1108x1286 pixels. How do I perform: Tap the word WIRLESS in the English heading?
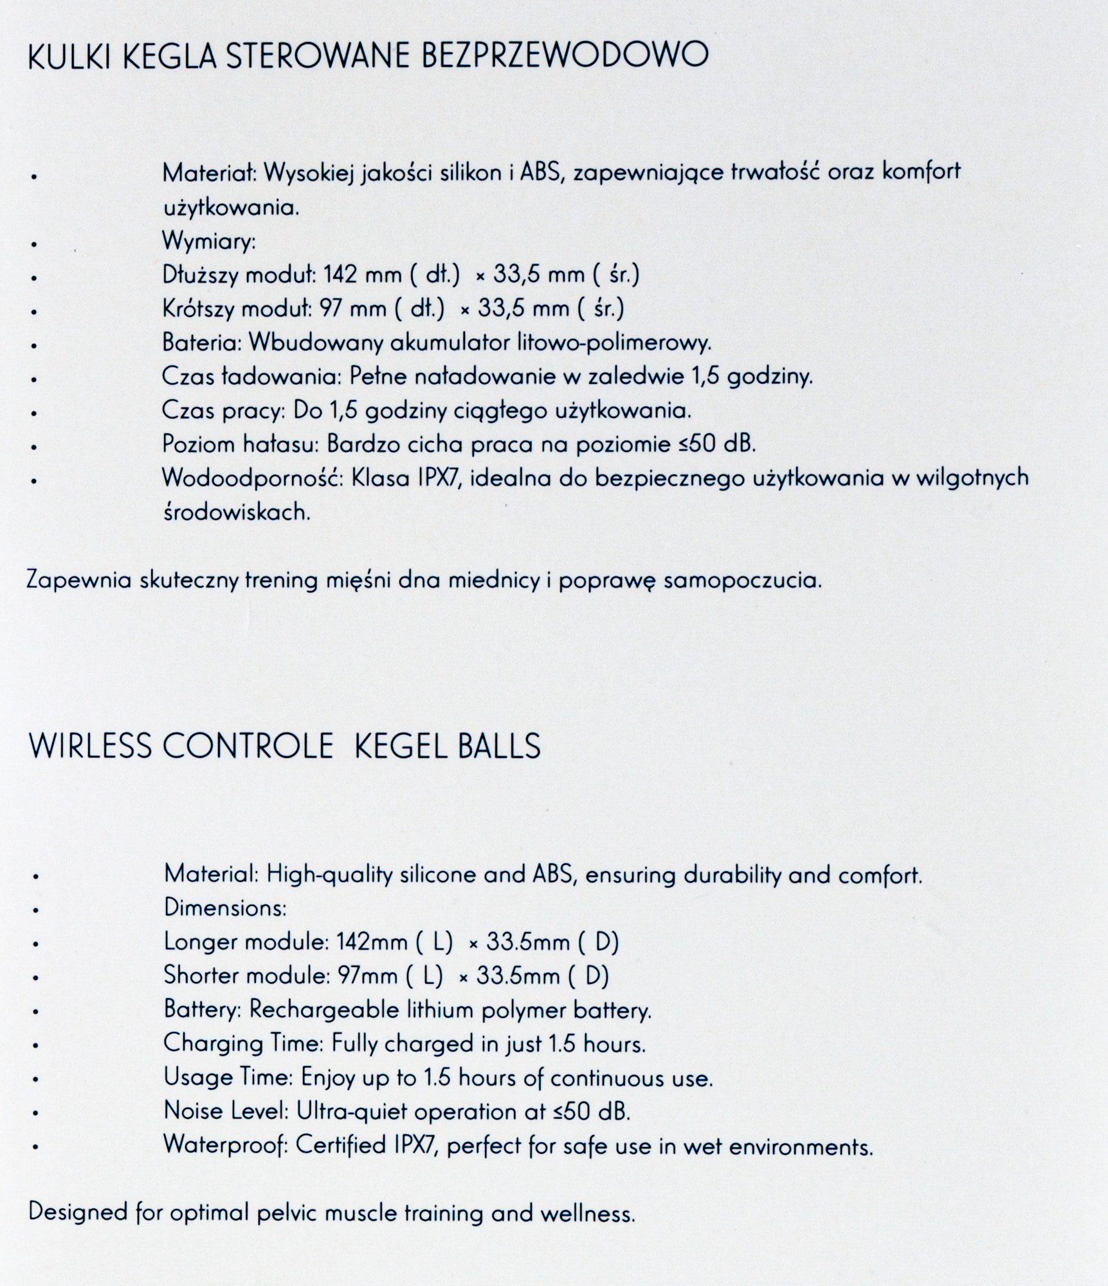pos(90,747)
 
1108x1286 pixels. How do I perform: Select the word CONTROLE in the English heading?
pos(248,747)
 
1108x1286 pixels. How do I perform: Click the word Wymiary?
pos(209,242)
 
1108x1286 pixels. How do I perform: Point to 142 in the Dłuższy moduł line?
pos(340,275)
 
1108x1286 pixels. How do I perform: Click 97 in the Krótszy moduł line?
pos(331,309)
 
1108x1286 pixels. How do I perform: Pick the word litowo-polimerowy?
pos(614,343)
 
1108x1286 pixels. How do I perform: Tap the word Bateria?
pos(201,343)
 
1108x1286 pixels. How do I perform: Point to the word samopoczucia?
pos(742,581)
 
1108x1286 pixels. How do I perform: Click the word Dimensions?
pos(225,908)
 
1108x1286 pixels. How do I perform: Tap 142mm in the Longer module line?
pos(372,942)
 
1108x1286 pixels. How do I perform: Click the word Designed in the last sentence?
pos(78,1213)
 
